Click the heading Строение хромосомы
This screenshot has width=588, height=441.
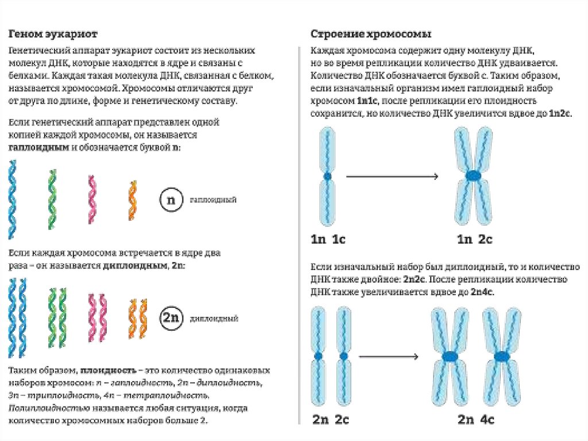click(x=371, y=33)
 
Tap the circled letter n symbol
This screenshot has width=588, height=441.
click(x=170, y=200)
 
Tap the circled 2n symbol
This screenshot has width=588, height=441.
click(x=170, y=318)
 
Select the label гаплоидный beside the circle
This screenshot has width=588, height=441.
click(x=213, y=200)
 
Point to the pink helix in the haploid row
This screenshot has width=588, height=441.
click(x=91, y=199)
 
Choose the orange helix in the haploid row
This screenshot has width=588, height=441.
click(x=131, y=198)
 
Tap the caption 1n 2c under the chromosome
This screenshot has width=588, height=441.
click(x=474, y=239)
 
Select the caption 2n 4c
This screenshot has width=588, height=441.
click(x=476, y=420)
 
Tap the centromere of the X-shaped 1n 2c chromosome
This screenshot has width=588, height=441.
click(x=474, y=175)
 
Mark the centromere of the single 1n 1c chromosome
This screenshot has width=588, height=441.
click(x=327, y=177)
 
